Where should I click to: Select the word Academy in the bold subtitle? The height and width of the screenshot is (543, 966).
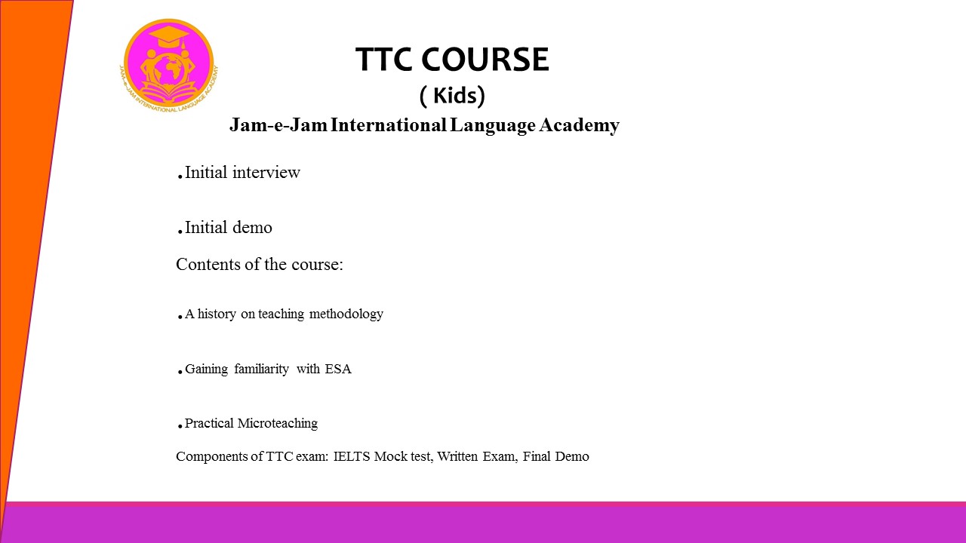tap(579, 125)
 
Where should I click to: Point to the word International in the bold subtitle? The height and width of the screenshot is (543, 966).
tap(389, 125)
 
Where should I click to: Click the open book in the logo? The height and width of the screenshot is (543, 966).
tap(168, 93)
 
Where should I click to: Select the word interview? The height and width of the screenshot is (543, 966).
tap(266, 173)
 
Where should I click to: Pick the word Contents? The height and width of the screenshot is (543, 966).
tap(208, 264)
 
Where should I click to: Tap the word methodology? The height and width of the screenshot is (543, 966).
tap(346, 314)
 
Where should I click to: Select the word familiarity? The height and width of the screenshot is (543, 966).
tap(261, 370)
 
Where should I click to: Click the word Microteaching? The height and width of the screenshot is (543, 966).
tap(278, 423)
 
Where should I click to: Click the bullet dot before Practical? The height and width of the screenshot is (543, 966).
tap(180, 427)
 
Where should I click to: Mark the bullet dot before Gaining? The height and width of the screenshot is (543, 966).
tap(180, 373)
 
